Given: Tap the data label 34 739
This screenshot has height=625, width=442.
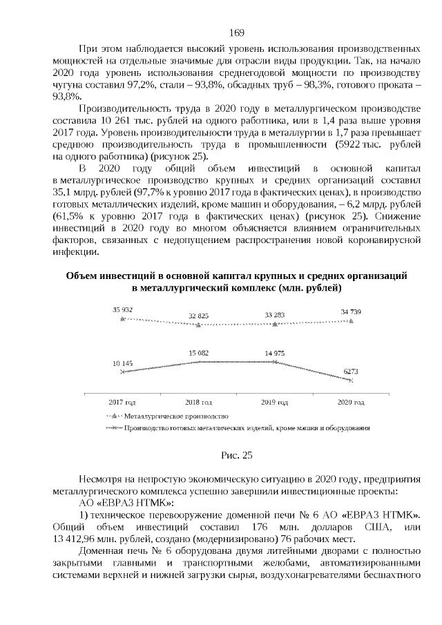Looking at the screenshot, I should click(352, 311).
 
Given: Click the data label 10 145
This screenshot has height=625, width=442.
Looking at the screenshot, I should click(122, 363).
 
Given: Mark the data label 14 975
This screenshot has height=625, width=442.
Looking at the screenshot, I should click(276, 353).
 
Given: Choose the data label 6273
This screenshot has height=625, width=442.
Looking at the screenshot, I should click(352, 371).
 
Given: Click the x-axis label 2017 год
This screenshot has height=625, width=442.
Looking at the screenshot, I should click(122, 401).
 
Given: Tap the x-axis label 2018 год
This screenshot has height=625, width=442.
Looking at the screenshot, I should click(198, 401).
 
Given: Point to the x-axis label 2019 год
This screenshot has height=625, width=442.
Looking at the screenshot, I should click(275, 401).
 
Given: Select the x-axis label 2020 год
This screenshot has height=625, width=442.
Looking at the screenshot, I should click(352, 401).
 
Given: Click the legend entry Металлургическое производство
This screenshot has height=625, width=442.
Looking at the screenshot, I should click(175, 416).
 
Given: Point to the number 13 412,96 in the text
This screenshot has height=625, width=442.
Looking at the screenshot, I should click(77, 539).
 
